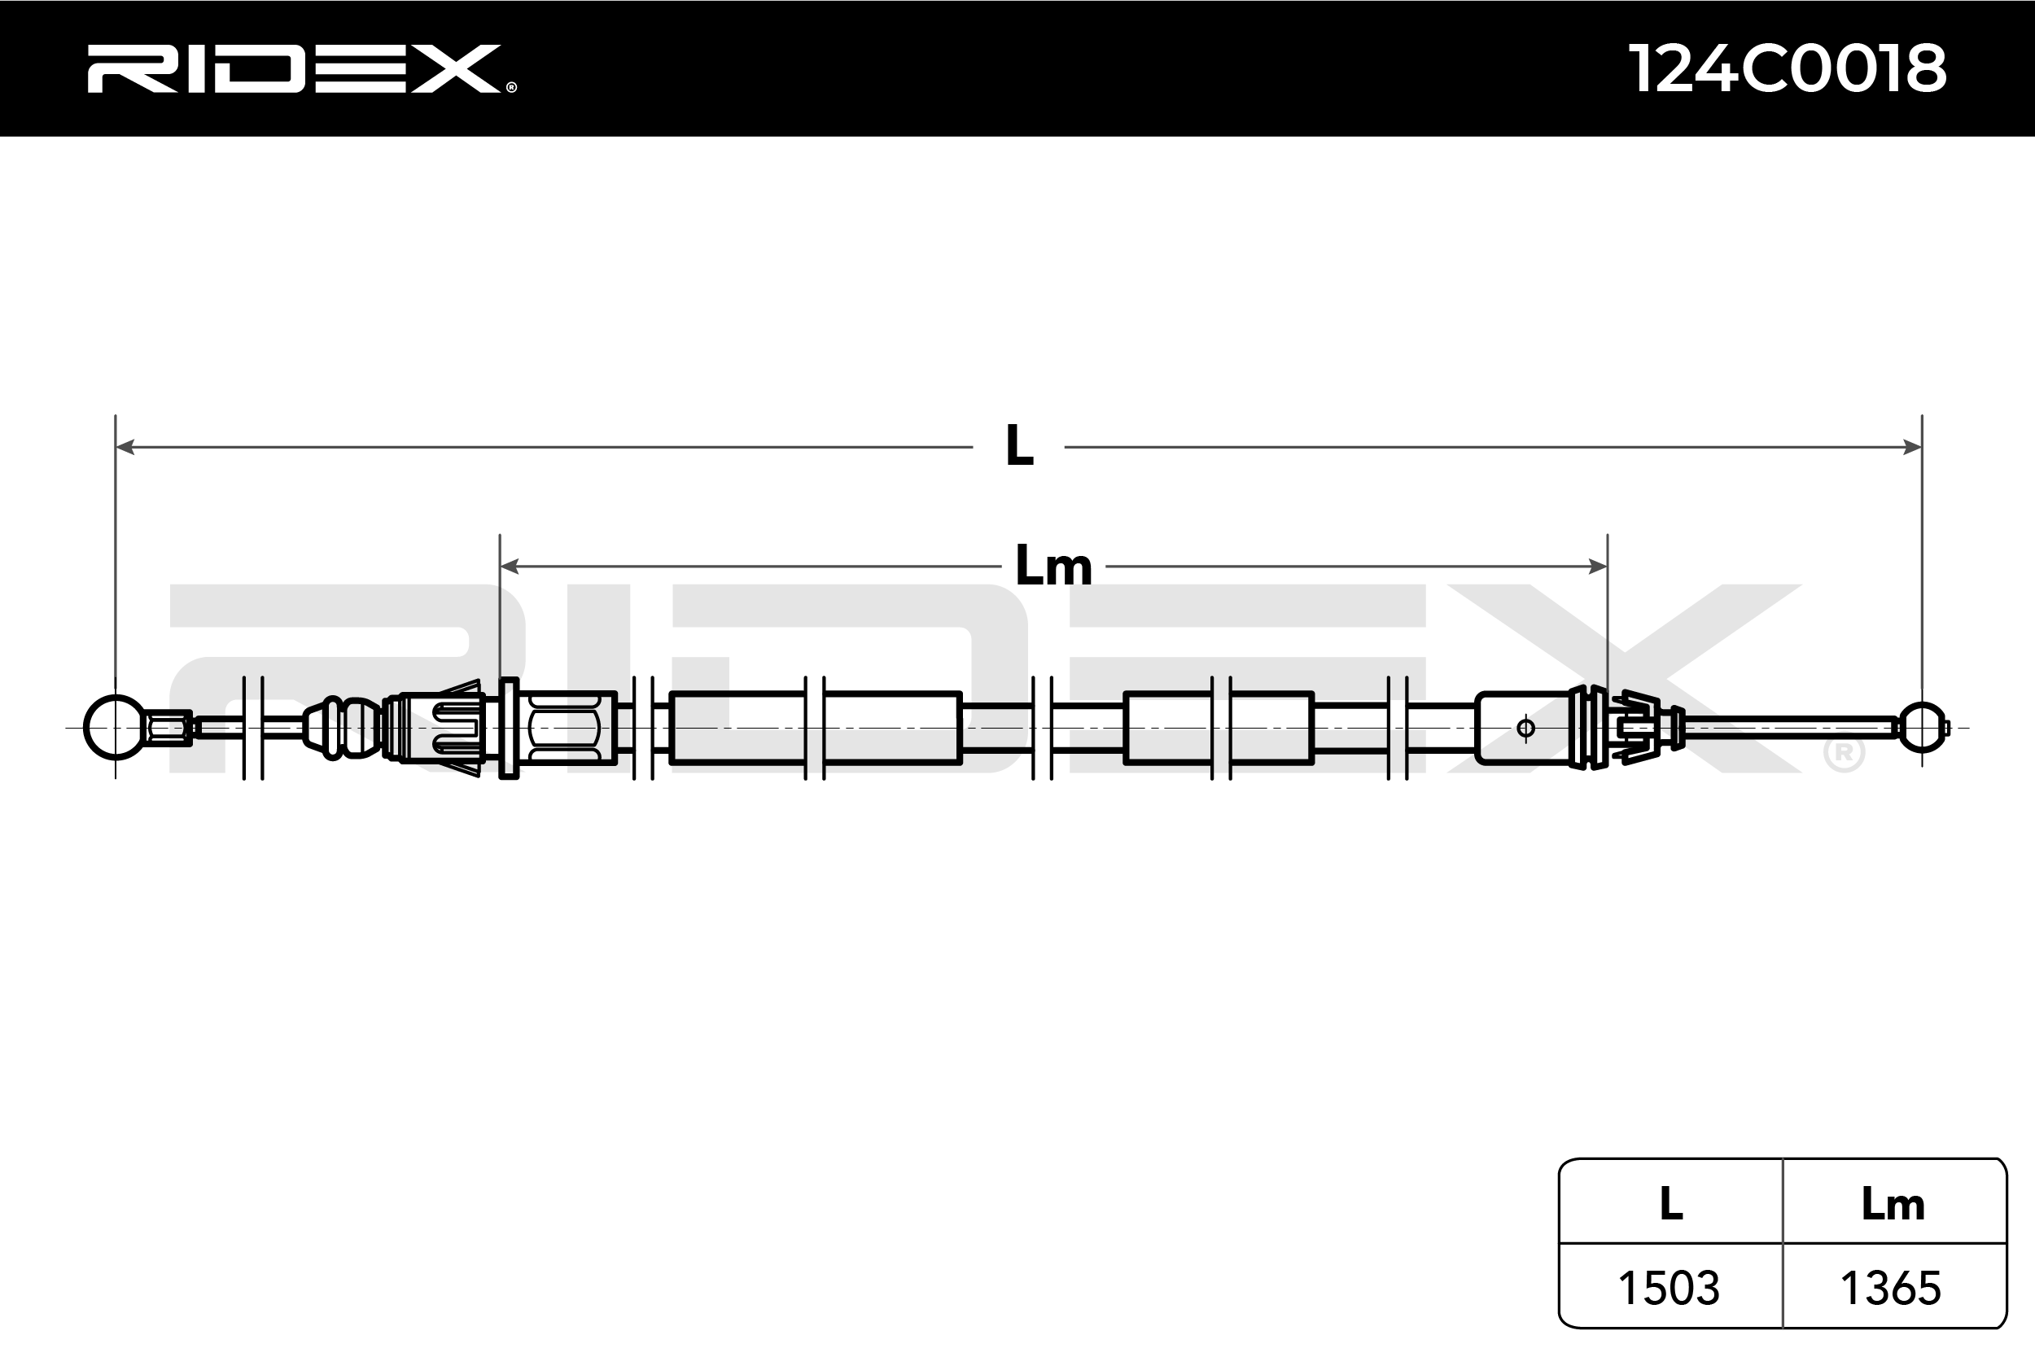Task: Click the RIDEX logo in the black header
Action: click(x=294, y=68)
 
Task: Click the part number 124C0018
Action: click(x=1787, y=68)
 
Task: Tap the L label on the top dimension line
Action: click(x=1019, y=448)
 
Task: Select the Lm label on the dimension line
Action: click(x=1053, y=567)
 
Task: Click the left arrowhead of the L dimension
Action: click(x=125, y=448)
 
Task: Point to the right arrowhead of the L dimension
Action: click(x=1912, y=448)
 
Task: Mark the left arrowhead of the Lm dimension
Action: click(x=510, y=567)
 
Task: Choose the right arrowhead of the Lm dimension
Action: click(x=1598, y=567)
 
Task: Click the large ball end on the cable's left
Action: click(x=115, y=728)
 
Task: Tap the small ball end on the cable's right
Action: click(x=1922, y=728)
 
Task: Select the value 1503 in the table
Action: click(x=1669, y=1288)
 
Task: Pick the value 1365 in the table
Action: click(x=1892, y=1288)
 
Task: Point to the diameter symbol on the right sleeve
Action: click(x=1526, y=729)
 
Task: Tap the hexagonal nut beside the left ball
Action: click(x=169, y=728)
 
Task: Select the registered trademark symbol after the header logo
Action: click(x=511, y=86)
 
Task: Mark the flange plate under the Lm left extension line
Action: click(x=509, y=728)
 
